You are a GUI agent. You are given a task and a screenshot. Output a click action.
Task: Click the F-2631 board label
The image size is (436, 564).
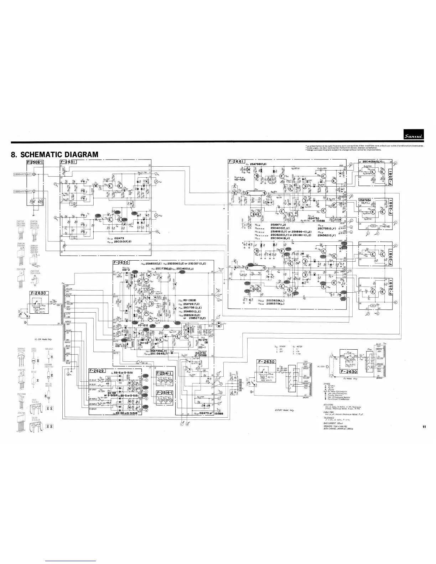(x=69, y=163)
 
